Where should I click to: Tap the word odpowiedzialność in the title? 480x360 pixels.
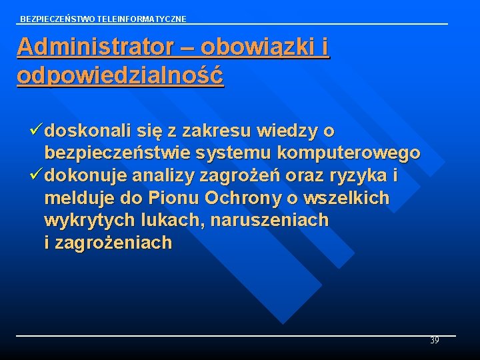(121, 75)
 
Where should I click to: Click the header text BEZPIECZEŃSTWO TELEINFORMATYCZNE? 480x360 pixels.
(103, 19)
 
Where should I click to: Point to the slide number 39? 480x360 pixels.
(434, 341)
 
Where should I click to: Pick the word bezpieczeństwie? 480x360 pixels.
(117, 153)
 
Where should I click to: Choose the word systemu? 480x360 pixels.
(233, 153)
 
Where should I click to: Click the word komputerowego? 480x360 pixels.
(349, 153)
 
